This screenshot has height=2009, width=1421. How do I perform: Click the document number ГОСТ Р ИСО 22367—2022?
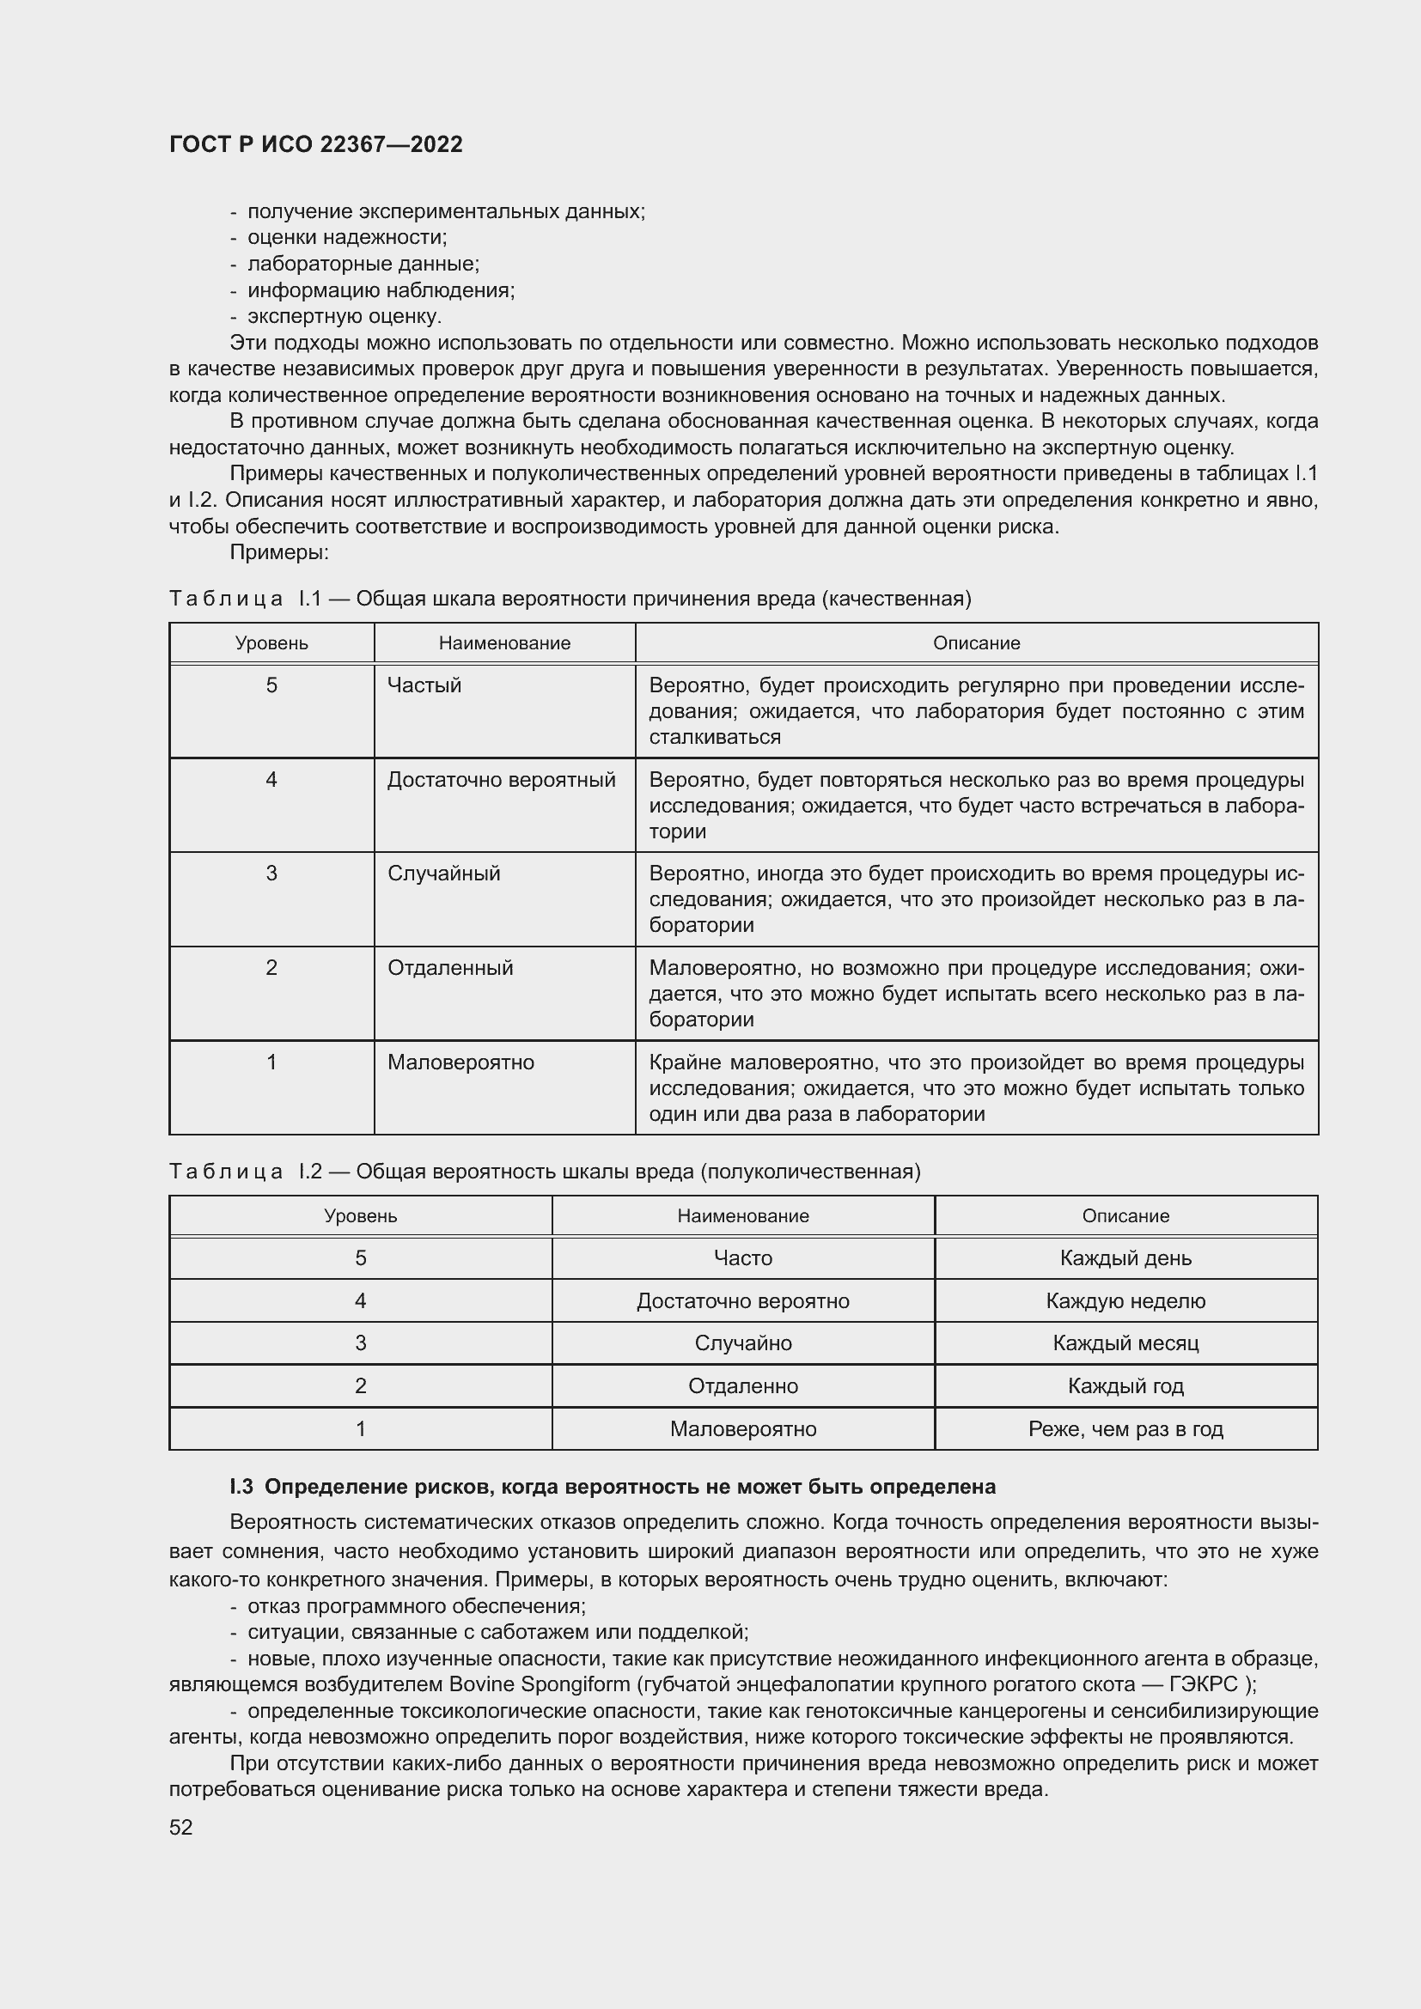click(x=315, y=144)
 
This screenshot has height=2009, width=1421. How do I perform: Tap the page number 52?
click(x=180, y=1827)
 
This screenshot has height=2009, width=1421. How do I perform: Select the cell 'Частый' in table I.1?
click(x=424, y=685)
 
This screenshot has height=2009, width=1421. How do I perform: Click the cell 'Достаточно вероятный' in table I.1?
click(x=502, y=780)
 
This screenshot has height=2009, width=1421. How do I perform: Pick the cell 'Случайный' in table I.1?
click(x=443, y=874)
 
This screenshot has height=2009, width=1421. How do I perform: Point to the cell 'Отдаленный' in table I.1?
click(x=449, y=968)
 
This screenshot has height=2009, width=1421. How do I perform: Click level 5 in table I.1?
click(x=271, y=685)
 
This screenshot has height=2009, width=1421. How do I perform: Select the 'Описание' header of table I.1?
click(x=976, y=643)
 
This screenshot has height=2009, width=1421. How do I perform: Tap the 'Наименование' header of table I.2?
click(x=743, y=1215)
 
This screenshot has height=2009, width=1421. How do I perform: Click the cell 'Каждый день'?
click(x=1125, y=1258)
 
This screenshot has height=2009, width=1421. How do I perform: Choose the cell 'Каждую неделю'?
click(x=1125, y=1301)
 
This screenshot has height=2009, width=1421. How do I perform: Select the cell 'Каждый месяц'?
click(x=1125, y=1343)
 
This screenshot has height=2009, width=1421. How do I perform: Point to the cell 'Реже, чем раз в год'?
click(x=1125, y=1429)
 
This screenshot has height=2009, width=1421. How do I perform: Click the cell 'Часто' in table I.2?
click(x=743, y=1258)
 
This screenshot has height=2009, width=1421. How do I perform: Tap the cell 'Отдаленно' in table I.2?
click(x=743, y=1386)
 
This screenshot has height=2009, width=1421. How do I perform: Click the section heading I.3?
click(x=613, y=1487)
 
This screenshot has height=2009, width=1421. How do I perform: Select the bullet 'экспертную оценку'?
click(x=344, y=316)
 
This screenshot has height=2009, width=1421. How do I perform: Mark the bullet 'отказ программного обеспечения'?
click(x=417, y=1605)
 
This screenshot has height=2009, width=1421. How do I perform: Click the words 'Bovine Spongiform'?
click(x=539, y=1684)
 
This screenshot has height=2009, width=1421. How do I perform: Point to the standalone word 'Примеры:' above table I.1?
click(x=278, y=552)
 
